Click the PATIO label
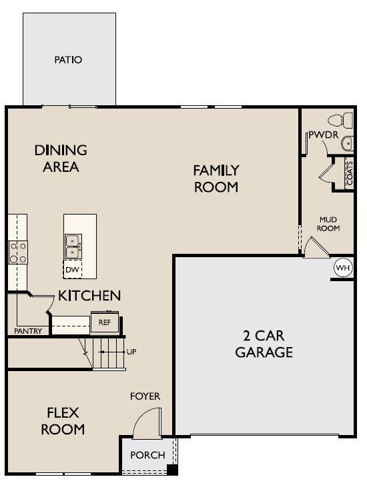[x=68, y=60]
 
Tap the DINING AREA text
[x=61, y=159]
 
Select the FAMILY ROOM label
[x=216, y=179]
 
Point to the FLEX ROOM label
[x=63, y=421]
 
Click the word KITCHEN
[x=89, y=296]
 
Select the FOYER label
[x=145, y=396]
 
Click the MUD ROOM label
[x=329, y=224]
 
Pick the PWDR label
[x=324, y=136]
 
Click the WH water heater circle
[x=342, y=268]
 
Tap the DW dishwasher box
[x=72, y=270]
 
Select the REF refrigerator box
[x=104, y=322]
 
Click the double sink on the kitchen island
[x=73, y=246]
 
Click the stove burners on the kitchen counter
[x=17, y=252]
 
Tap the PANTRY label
[x=28, y=331]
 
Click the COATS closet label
[x=349, y=173]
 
